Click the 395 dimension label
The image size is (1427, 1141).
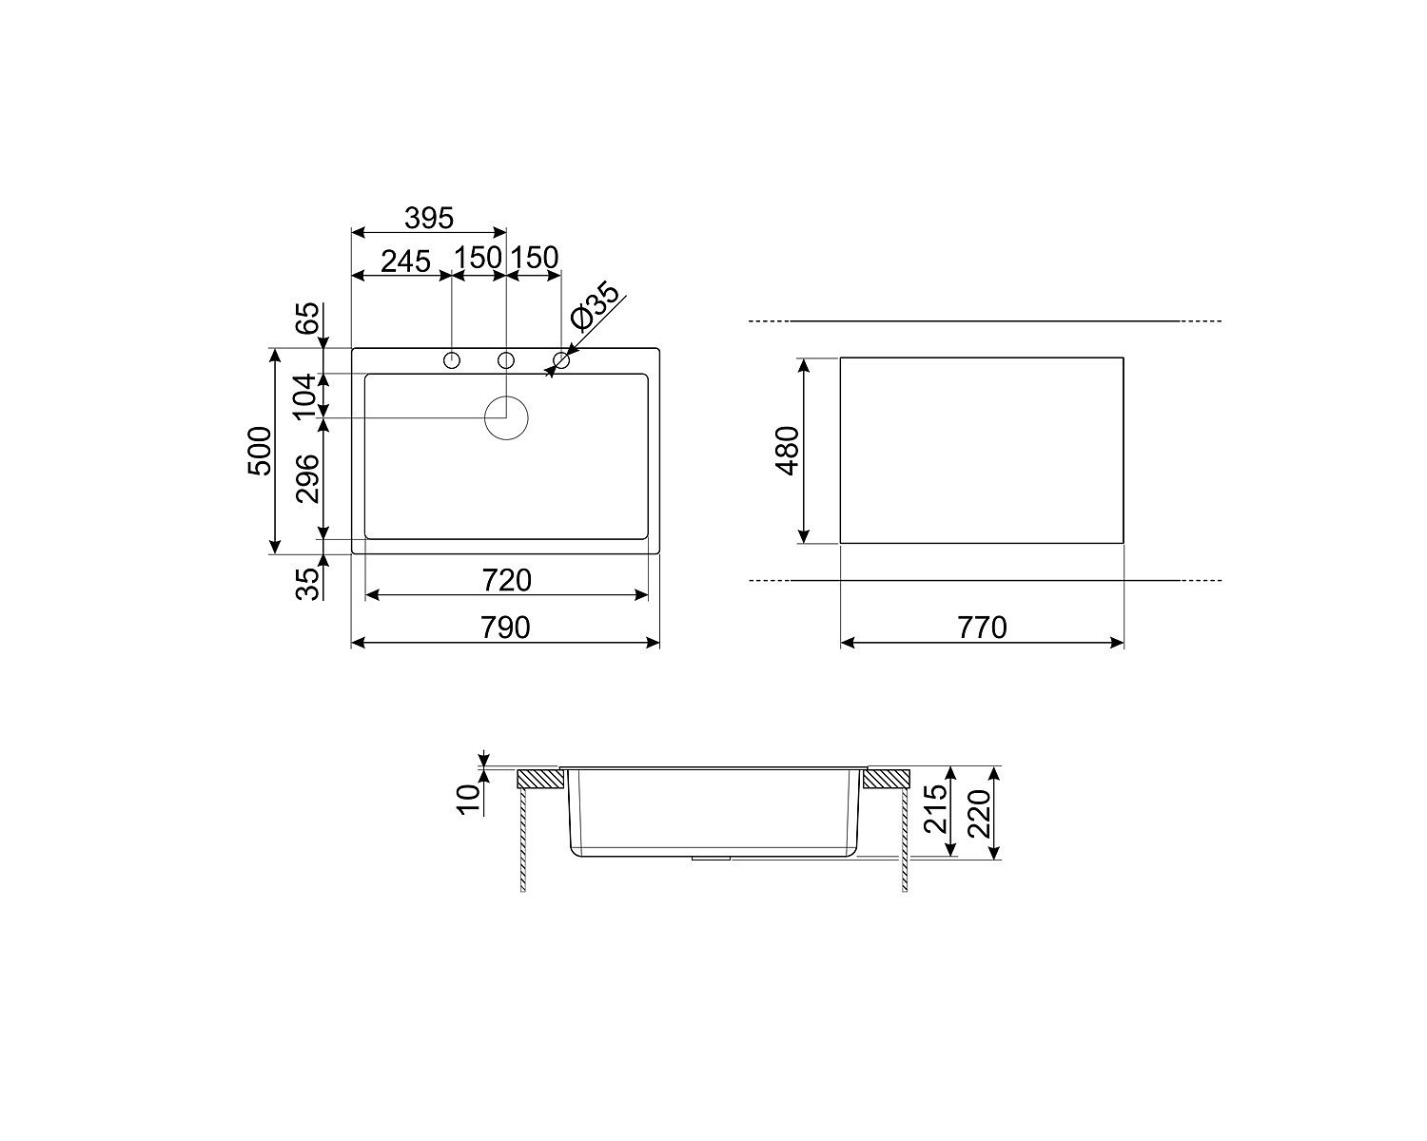click(429, 218)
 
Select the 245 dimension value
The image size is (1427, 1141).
click(406, 261)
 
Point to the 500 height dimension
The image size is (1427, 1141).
click(260, 451)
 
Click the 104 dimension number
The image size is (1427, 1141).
click(305, 396)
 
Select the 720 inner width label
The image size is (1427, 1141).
click(507, 581)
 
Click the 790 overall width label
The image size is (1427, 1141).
click(505, 628)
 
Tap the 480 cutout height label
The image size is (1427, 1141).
click(788, 451)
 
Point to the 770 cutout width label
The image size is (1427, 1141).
click(982, 628)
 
